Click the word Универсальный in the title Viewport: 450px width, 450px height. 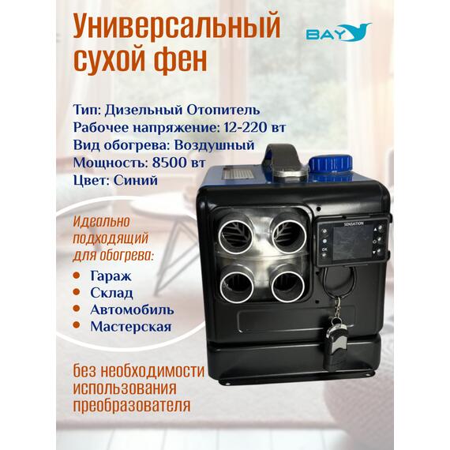[x=176, y=28]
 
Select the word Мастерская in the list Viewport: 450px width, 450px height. [x=130, y=325]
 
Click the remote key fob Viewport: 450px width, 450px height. [x=336, y=340]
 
